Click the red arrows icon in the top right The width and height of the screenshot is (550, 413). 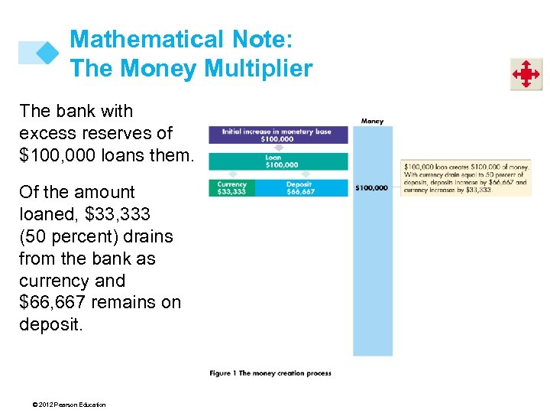(526, 74)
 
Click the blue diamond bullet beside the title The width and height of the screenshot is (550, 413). (47, 52)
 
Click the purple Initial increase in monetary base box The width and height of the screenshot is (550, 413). (277, 135)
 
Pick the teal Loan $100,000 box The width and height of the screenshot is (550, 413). (277, 161)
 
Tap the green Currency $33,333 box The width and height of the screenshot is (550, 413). (231, 188)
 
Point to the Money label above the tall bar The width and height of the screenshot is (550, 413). (372, 121)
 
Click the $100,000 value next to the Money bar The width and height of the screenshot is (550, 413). (371, 187)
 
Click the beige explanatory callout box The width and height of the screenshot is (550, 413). (465, 178)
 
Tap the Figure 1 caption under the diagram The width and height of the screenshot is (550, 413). (270, 373)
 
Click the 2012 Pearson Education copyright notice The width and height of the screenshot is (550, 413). (63, 405)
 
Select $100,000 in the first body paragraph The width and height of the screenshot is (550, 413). (53, 155)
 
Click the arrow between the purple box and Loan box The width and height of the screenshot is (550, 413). (277, 148)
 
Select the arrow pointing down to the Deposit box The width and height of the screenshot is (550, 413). (300, 175)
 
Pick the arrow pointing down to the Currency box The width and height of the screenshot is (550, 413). (231, 175)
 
